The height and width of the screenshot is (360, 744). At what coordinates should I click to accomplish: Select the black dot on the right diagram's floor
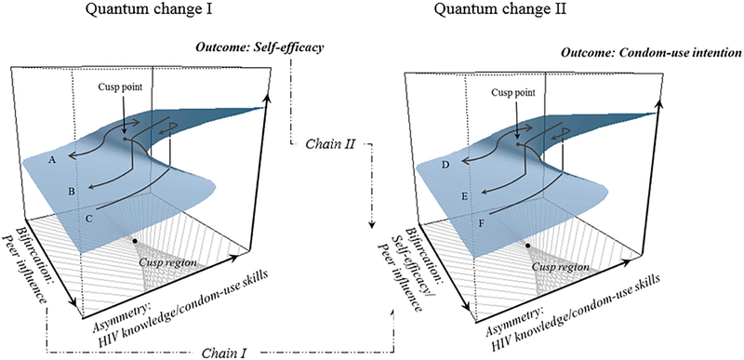[x=528, y=245]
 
